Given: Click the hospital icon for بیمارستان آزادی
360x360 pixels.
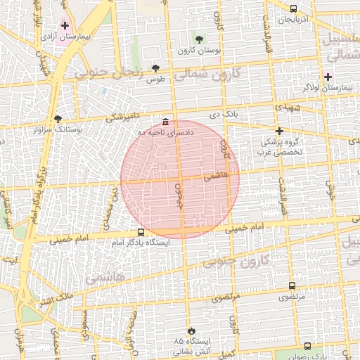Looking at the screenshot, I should (65, 25).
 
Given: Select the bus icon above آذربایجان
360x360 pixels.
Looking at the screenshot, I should (292, 8).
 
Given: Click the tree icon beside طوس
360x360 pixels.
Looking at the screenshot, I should (155, 68).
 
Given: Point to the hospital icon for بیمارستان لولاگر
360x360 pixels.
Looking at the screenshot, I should (328, 76).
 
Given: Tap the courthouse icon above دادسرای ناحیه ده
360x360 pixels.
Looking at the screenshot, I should (165, 120).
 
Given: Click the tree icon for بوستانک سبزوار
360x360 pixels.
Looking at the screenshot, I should (58, 119).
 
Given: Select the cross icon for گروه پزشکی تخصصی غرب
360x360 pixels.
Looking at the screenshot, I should (279, 131).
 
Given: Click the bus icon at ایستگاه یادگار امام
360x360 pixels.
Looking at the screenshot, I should (141, 232).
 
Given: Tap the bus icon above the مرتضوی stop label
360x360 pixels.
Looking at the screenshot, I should (292, 285).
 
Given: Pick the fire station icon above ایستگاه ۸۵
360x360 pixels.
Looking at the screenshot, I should (189, 330).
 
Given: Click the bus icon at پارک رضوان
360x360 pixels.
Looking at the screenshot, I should (307, 346).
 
